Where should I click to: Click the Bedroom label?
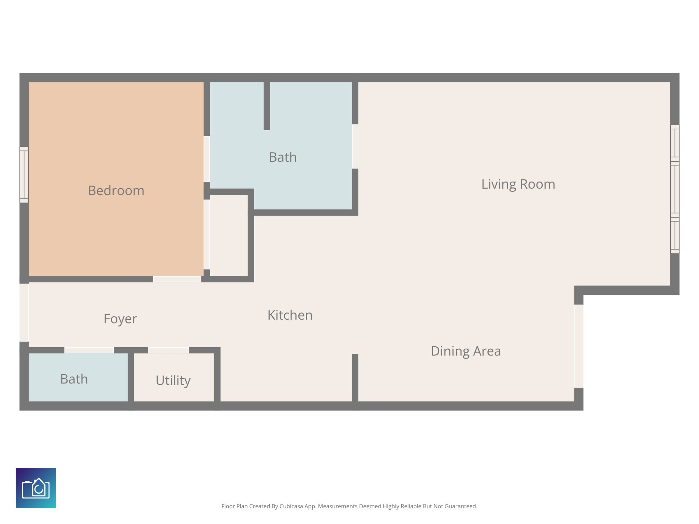point(116,190)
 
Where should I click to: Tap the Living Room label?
point(518,184)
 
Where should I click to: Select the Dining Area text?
point(466,351)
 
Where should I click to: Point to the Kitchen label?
point(290,315)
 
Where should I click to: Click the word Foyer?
point(120,319)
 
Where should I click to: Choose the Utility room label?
point(173,380)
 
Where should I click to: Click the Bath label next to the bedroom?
point(283,157)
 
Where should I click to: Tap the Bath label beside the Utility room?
point(74,379)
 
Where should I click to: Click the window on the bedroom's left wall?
point(24,175)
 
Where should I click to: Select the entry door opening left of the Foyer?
point(24,312)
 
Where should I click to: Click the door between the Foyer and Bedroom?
point(177,279)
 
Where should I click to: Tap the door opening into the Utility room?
point(168,350)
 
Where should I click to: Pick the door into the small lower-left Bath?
point(89,350)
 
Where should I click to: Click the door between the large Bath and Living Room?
point(355,146)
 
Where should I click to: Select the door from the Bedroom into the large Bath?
point(206,159)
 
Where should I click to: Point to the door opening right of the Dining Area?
point(579,346)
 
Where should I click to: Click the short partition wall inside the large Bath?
point(267,106)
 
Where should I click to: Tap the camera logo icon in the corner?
point(36,488)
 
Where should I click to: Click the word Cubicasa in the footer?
point(291,506)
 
